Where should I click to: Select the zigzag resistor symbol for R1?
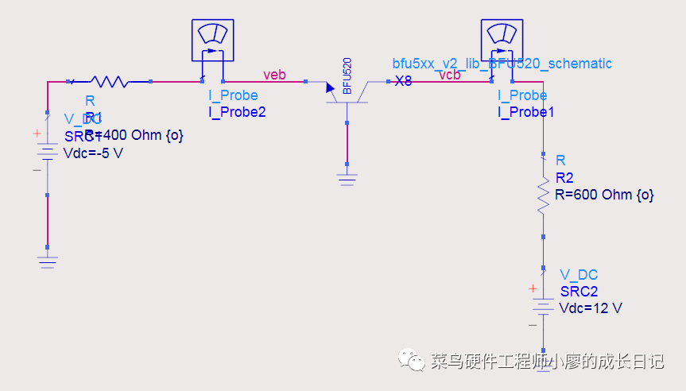(110, 81)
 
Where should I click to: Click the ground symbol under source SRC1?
(48, 261)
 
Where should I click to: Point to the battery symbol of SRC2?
(544, 307)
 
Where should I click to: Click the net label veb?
(274, 75)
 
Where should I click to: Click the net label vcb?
(450, 75)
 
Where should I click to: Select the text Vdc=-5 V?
(93, 153)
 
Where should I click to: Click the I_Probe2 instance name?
(237, 112)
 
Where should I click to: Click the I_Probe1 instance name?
(526, 112)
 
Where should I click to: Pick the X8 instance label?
(403, 81)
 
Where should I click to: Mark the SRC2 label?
(579, 292)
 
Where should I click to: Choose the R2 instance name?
(564, 177)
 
